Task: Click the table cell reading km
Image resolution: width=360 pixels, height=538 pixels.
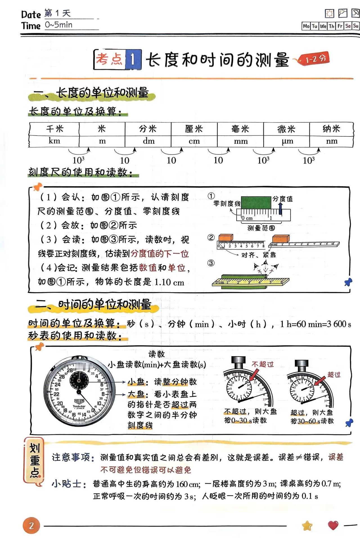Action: (x=54, y=141)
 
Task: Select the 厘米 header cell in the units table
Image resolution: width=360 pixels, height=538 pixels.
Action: (x=194, y=129)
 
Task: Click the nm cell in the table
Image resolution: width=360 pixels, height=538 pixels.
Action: (x=332, y=141)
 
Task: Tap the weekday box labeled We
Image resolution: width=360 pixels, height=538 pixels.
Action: (x=323, y=26)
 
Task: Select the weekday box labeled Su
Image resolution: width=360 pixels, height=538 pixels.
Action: (x=356, y=26)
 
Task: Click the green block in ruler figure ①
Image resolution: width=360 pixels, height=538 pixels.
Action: (x=256, y=202)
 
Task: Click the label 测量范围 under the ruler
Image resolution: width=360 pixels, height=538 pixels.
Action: (x=261, y=228)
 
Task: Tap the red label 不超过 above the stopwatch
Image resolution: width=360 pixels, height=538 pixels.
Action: (x=262, y=364)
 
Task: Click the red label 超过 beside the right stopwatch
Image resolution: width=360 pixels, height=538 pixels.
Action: (x=334, y=375)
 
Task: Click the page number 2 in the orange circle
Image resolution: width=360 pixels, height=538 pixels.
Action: (x=31, y=525)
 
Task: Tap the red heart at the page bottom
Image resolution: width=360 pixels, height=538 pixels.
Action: (x=333, y=525)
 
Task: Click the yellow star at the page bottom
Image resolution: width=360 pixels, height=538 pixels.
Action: (x=307, y=525)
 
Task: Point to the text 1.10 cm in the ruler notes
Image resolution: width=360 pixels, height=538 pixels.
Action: (x=169, y=282)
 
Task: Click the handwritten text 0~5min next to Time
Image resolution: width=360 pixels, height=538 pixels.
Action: (x=59, y=25)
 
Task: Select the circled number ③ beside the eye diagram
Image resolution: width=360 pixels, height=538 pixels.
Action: (x=211, y=263)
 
